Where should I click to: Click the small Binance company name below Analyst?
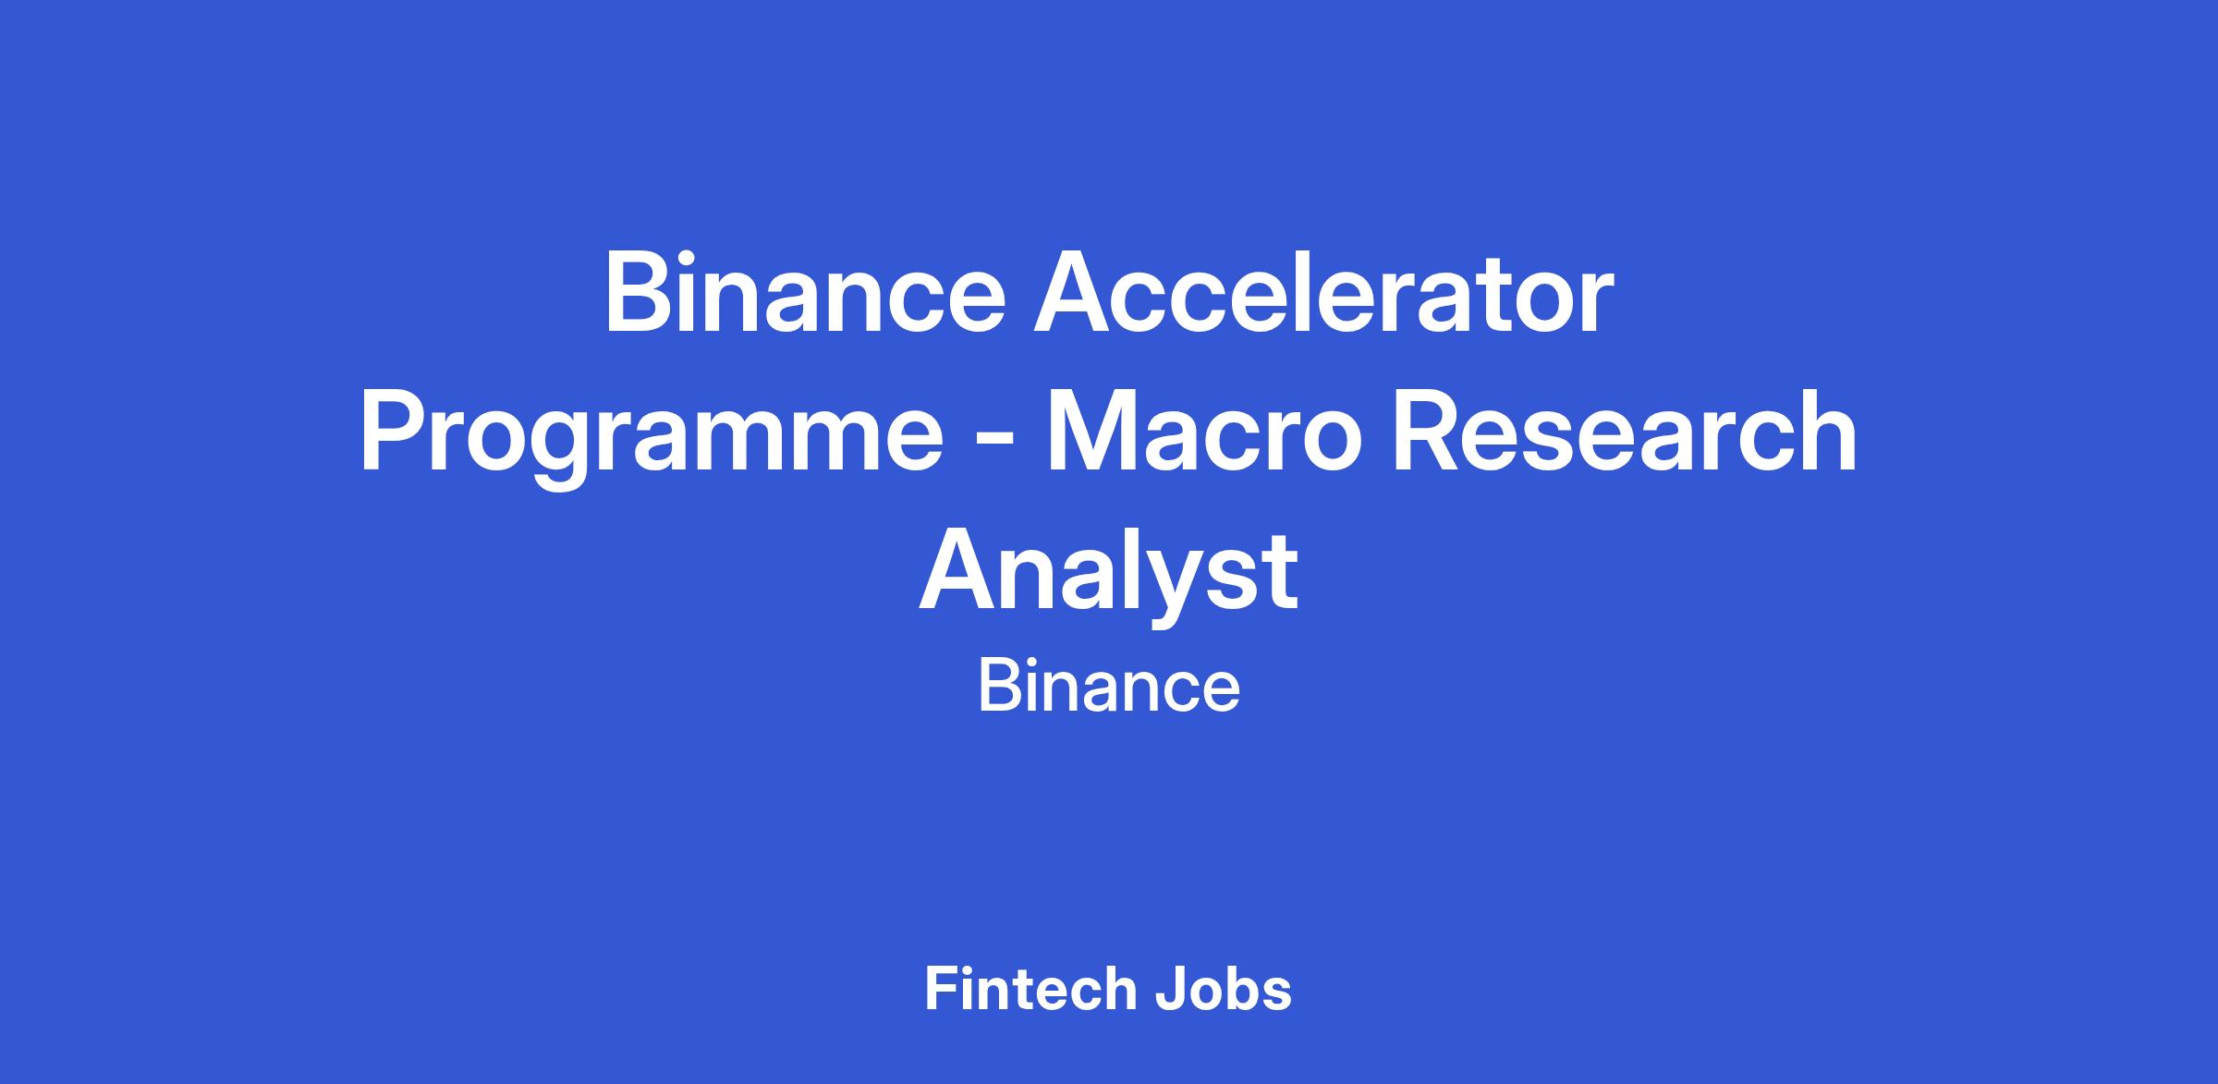[1109, 688]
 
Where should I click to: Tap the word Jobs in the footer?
[1224, 990]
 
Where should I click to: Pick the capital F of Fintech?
[941, 989]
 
